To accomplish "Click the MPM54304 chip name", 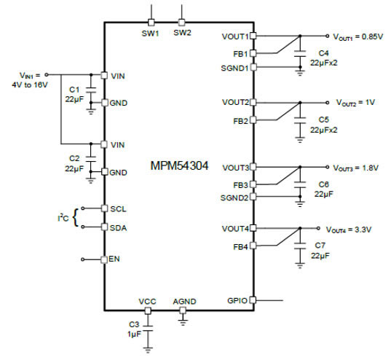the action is coord(179,165).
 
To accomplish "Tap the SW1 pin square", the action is coord(151,23).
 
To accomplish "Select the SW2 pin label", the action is coord(182,33).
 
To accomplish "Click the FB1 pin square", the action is coord(253,53).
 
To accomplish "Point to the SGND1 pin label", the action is coord(234,68).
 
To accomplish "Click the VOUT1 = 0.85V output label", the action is coord(358,37).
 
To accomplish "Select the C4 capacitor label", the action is coord(323,53).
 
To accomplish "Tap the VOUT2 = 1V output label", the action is coord(355,103).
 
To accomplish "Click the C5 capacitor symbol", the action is coord(300,120).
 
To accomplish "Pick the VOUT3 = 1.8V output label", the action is coord(355,168).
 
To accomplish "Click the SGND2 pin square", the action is coord(253,197).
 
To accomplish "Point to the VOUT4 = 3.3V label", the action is coord(349,230).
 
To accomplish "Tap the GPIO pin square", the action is coord(253,300).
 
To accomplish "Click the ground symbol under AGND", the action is coord(183,323).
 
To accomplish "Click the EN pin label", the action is coord(114,259).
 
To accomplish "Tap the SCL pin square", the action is coord(104,208).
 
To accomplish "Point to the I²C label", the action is coord(63,218).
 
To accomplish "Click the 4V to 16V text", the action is coord(29,85).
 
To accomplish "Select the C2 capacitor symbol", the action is coord(91,159).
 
